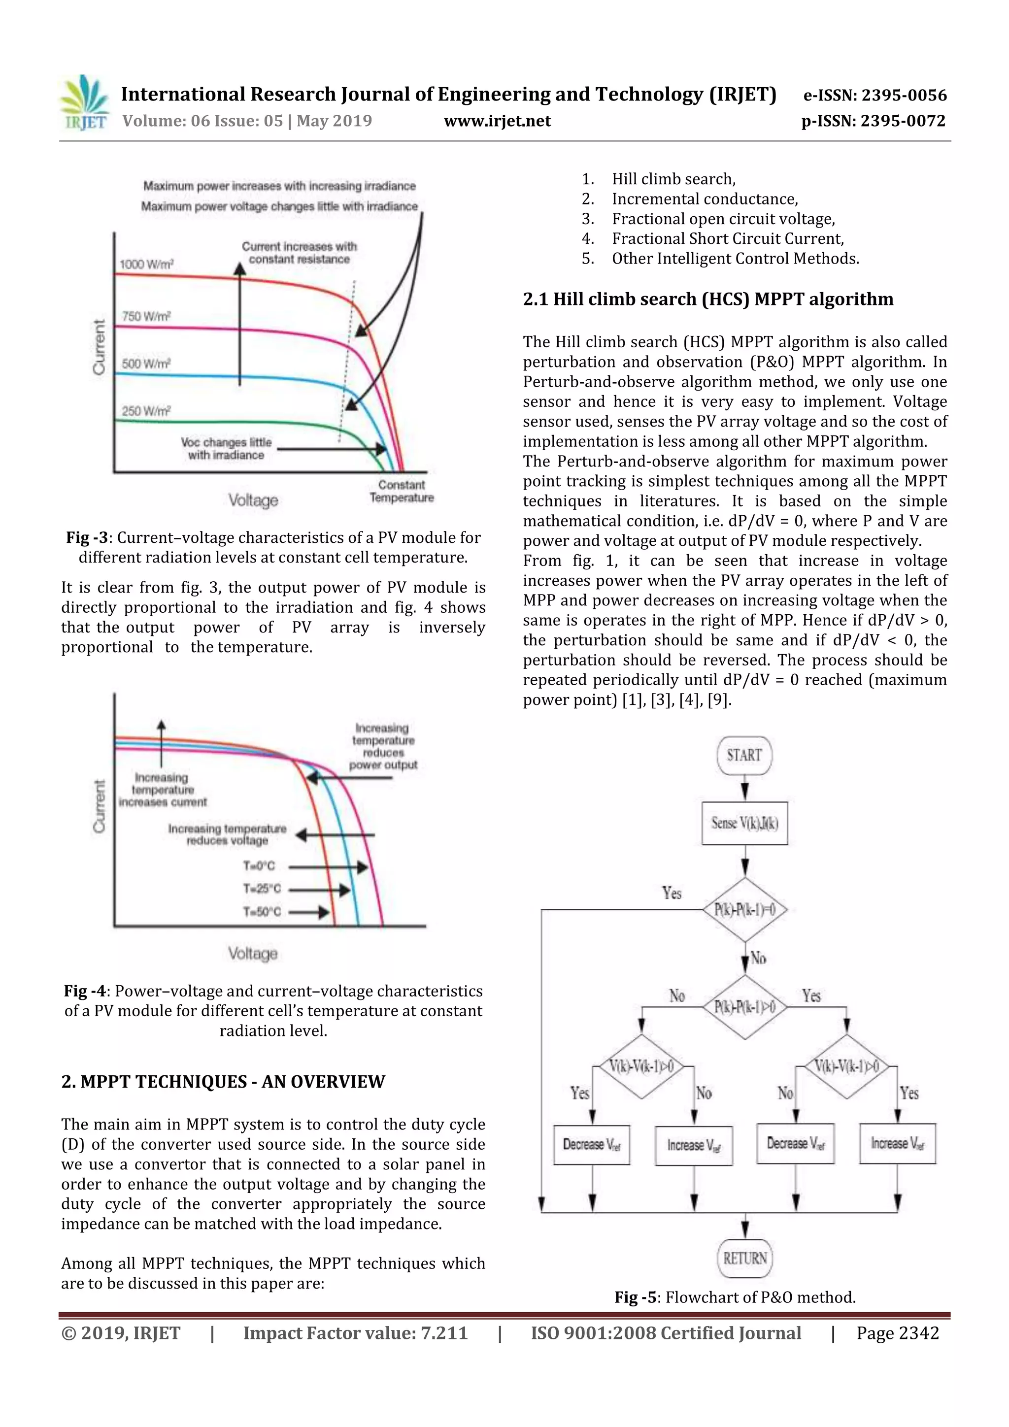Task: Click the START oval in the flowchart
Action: [744, 755]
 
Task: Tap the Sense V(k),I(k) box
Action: [744, 823]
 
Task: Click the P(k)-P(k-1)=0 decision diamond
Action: [744, 910]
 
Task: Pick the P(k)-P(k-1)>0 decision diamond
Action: [744, 1007]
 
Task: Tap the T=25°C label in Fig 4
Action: [262, 889]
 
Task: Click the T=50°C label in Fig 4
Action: [262, 912]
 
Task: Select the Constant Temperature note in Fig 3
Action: [402, 491]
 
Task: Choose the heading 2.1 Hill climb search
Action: [707, 299]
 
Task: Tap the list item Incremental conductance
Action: [705, 199]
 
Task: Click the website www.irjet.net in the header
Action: [497, 121]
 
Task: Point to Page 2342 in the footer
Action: [897, 1332]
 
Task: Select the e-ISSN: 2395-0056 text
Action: [874, 95]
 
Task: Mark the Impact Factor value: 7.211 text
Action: [355, 1332]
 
